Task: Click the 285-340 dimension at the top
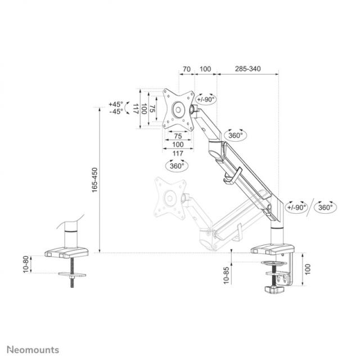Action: pos(247,69)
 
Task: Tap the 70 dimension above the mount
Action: pos(186,69)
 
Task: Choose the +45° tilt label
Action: pos(116,105)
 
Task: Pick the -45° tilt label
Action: pos(116,112)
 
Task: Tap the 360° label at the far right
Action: pos(325,207)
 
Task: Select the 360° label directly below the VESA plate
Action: pos(177,166)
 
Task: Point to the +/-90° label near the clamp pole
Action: pos(296,207)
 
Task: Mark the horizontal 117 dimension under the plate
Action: pos(177,154)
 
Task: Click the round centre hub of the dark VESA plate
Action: pos(179,109)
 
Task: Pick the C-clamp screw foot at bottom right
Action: pos(274,289)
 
